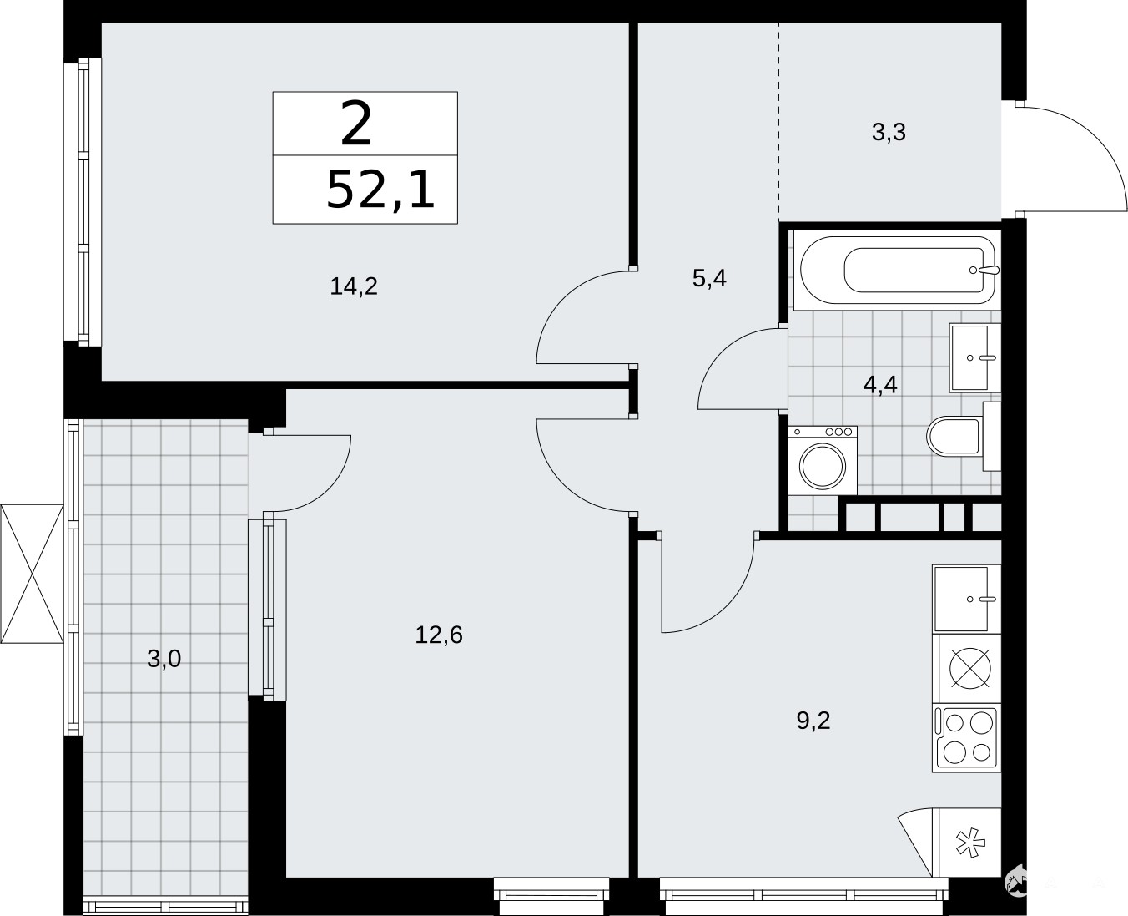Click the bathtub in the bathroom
click(x=898, y=270)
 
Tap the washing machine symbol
click(x=823, y=460)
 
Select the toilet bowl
click(x=959, y=436)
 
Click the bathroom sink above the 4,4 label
click(x=974, y=357)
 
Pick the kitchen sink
click(x=966, y=599)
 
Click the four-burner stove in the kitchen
click(x=966, y=737)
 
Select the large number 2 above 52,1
click(x=356, y=124)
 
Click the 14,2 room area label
click(x=354, y=286)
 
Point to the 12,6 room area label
click(x=439, y=635)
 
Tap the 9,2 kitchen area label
click(x=813, y=721)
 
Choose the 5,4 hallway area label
click(x=709, y=278)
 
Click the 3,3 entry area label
click(x=889, y=132)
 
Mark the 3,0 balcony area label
click(x=164, y=659)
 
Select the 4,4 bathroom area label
click(x=880, y=384)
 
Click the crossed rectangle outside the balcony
click(x=32, y=574)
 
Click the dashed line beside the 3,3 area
click(x=778, y=122)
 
